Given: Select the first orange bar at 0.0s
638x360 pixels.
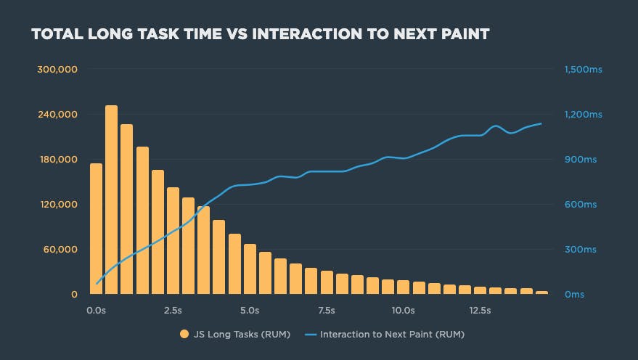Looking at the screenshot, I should [x=96, y=229].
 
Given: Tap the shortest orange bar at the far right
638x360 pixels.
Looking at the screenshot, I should [x=541, y=292].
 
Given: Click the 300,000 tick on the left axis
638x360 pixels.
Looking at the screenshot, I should [x=57, y=70].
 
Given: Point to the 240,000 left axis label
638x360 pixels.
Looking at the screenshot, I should [x=57, y=115].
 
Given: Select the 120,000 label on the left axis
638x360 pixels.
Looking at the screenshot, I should [x=57, y=205].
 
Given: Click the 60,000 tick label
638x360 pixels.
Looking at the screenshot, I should [x=59, y=250].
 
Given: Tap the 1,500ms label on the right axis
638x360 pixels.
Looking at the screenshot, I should [x=583, y=70].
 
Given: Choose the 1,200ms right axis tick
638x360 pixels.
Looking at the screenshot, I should [x=583, y=115].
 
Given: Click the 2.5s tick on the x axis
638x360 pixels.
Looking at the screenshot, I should [x=173, y=311].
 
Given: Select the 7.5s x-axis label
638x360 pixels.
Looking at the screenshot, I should [x=326, y=311].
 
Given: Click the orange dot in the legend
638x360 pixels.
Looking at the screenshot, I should [x=183, y=335].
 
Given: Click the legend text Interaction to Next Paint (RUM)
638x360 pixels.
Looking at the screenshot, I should [x=391, y=335].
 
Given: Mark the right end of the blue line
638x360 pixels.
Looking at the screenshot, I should [x=541, y=123].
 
